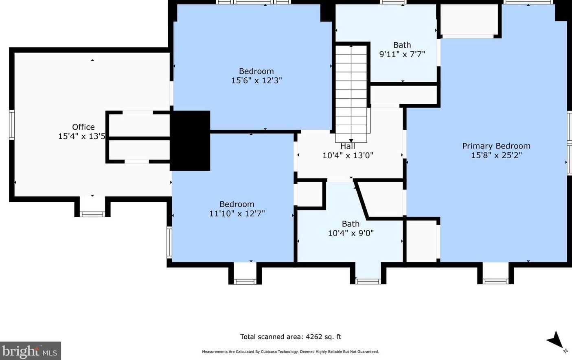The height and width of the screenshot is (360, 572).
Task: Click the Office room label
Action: point(83,127)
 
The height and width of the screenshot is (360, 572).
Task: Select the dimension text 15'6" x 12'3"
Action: point(256,81)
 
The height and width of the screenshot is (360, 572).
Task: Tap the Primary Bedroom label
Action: point(496,146)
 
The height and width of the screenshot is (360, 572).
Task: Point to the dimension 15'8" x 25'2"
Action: point(496,155)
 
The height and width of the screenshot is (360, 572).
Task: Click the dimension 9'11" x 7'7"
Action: point(402,54)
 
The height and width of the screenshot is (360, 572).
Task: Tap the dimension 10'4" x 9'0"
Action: point(351,233)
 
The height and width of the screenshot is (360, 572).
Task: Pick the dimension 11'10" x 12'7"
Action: point(237,214)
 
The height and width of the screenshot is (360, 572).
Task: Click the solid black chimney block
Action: point(190,140)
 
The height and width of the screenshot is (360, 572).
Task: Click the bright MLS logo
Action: point(30,351)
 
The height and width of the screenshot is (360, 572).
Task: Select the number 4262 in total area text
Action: point(313,337)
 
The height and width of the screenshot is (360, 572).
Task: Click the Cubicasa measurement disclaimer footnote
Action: point(290,352)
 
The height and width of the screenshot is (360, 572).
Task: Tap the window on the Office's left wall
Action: point(12,125)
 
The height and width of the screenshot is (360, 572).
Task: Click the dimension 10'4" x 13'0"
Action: point(348,155)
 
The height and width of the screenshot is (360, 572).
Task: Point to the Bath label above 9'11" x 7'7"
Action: point(402,45)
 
